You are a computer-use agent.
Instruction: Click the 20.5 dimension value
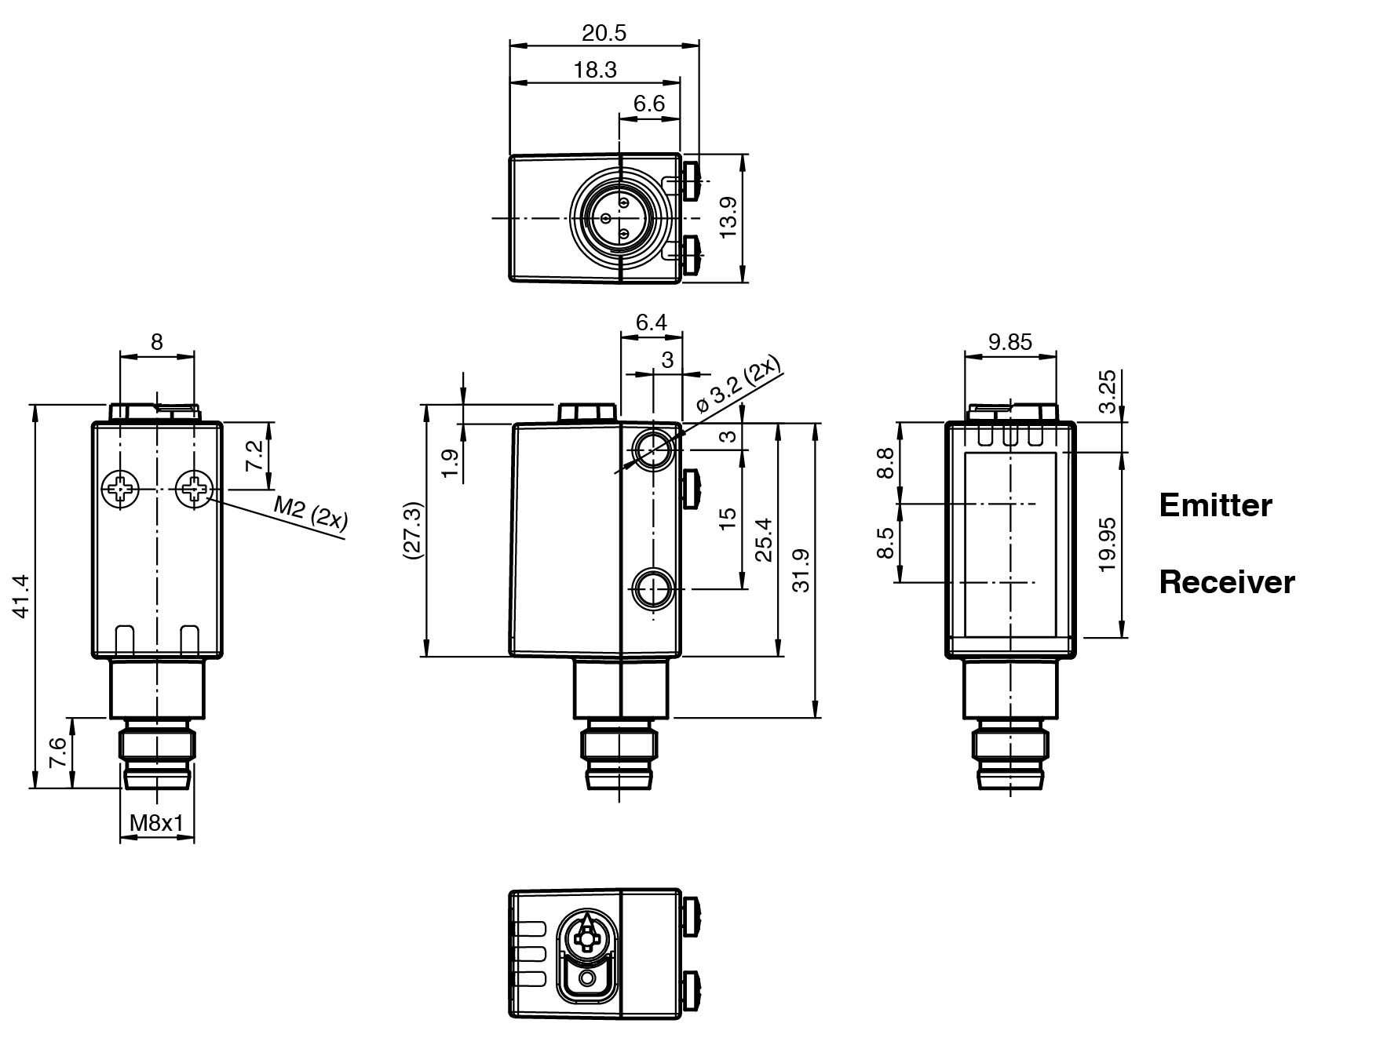604,33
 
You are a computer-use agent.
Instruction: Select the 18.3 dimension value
594,70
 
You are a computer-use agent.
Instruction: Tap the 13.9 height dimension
728,217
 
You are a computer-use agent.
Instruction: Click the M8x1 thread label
156,823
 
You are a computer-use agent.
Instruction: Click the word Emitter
1215,505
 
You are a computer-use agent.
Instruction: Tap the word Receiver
1226,582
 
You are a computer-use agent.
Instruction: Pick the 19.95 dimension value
1107,544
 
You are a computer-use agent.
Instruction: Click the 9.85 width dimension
1009,341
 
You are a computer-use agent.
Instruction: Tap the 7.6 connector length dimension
57,753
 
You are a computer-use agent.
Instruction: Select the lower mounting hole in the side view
652,588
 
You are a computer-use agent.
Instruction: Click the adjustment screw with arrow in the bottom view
586,937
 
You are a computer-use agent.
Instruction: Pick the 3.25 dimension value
1107,391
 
